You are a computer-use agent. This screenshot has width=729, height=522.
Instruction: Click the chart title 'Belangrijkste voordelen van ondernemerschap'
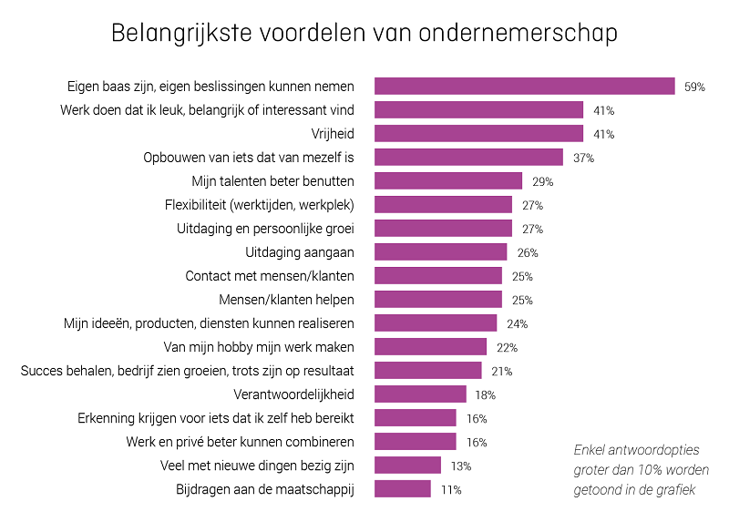[x=364, y=34]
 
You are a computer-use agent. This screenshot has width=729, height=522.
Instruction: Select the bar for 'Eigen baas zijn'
[x=525, y=87]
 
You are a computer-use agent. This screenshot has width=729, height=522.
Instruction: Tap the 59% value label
[x=695, y=87]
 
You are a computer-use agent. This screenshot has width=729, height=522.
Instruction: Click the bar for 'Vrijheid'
[x=479, y=134]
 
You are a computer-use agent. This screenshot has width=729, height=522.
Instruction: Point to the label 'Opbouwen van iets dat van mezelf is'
[x=249, y=158]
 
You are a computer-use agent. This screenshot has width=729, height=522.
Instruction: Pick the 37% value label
[x=584, y=158]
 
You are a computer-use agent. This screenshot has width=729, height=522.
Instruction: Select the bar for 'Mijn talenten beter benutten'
[x=448, y=181]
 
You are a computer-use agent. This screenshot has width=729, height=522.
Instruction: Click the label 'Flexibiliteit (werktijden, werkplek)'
[x=260, y=205]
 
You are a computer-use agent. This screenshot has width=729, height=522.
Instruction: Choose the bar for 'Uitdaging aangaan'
[x=441, y=252]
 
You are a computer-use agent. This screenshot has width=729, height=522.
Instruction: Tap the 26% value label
[x=528, y=252]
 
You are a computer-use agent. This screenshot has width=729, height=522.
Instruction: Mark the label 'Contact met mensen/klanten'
[x=270, y=276]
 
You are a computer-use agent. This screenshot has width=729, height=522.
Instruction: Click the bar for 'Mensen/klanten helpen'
[x=438, y=300]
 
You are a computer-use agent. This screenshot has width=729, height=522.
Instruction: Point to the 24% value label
[x=518, y=323]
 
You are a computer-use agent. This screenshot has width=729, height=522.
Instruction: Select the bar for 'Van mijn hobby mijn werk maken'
[x=431, y=347]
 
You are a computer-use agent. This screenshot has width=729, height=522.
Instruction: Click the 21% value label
[x=502, y=371]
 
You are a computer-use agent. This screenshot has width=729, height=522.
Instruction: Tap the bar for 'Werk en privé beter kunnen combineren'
[x=416, y=442]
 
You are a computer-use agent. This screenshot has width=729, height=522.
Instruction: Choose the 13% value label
[x=461, y=466]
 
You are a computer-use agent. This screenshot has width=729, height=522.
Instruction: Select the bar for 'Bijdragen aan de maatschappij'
[x=403, y=489]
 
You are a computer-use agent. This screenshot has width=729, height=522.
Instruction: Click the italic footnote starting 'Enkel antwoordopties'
[x=641, y=469]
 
